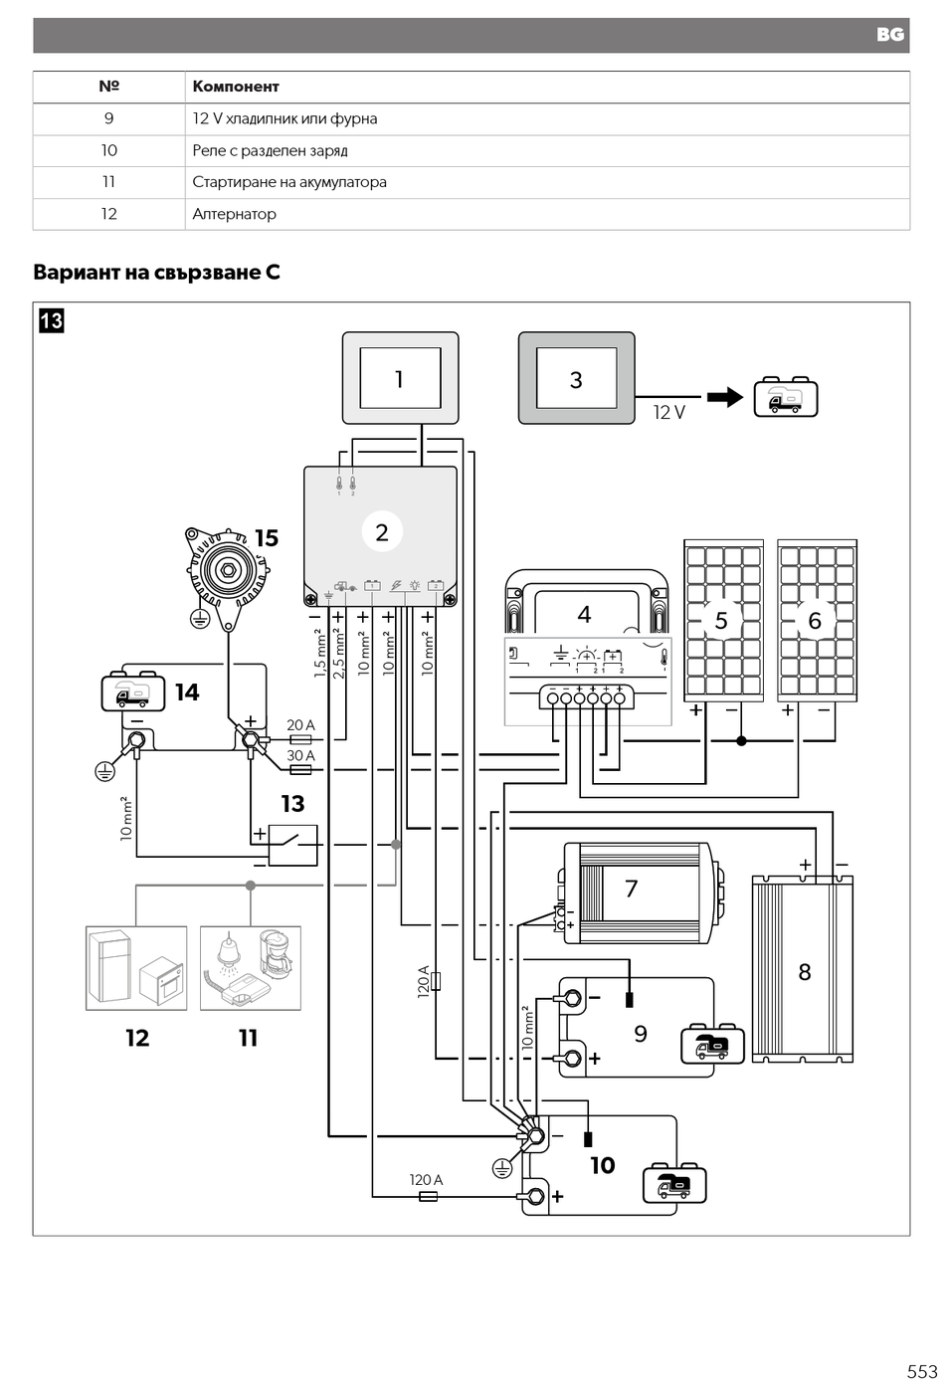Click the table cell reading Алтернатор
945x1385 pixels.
click(547, 214)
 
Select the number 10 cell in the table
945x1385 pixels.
click(108, 150)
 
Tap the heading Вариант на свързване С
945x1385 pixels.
click(156, 272)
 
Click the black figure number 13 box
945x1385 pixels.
click(52, 321)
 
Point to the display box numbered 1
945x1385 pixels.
click(401, 378)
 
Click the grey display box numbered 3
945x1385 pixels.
click(576, 378)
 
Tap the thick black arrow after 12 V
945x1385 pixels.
click(725, 397)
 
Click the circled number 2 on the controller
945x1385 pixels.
click(382, 531)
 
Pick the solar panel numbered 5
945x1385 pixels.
click(723, 621)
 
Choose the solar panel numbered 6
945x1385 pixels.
click(817, 621)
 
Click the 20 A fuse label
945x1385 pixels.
click(301, 724)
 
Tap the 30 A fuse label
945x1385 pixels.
click(301, 755)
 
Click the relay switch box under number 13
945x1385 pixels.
click(293, 845)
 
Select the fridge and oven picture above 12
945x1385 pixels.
click(136, 968)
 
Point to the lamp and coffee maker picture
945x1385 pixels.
click(251, 968)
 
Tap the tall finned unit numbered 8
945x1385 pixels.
click(802, 969)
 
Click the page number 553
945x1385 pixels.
click(922, 1371)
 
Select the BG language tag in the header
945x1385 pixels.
click(890, 35)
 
